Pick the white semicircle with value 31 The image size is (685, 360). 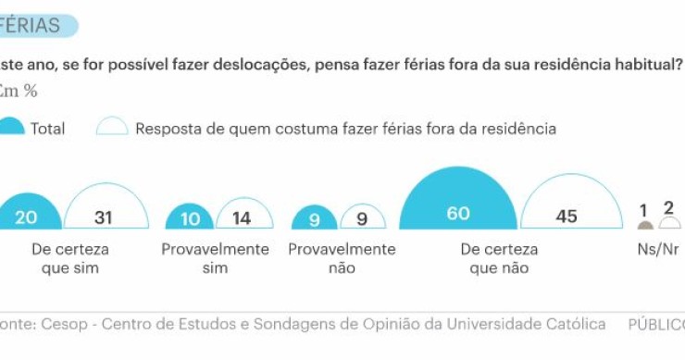click(x=104, y=212)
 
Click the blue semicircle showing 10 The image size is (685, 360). click(x=189, y=218)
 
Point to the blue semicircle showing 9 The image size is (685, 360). click(x=315, y=219)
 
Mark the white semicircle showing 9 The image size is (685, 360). click(x=363, y=219)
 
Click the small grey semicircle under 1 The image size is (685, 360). click(x=645, y=225)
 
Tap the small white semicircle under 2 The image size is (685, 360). click(x=670, y=224)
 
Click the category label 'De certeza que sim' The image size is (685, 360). click(x=69, y=258)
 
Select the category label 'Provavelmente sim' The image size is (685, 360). click(x=215, y=258)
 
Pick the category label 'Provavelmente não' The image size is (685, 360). click(x=342, y=258)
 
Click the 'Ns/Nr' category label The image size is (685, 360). click(x=658, y=250)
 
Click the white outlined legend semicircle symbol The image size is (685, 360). click(x=112, y=128)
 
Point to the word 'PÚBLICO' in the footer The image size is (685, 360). click(x=655, y=324)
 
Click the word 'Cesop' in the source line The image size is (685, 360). click(x=58, y=324)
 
